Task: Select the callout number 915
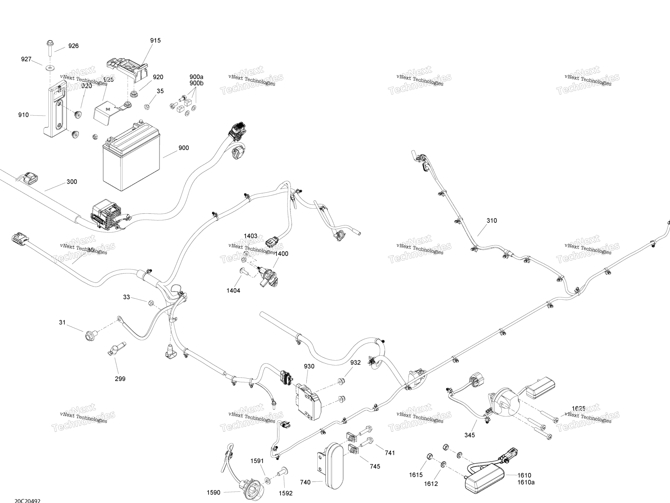coord(155,41)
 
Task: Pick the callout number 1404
coord(233,290)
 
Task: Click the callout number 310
coord(492,221)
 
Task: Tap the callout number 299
coord(120,379)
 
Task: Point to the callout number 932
coord(356,363)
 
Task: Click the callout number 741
coord(390,453)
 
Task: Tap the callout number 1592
coord(286,493)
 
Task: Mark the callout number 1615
coord(416,475)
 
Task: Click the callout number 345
coord(469,435)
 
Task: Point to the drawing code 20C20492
coord(27,501)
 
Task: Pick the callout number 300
coord(72,182)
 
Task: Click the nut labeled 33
coord(151,302)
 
